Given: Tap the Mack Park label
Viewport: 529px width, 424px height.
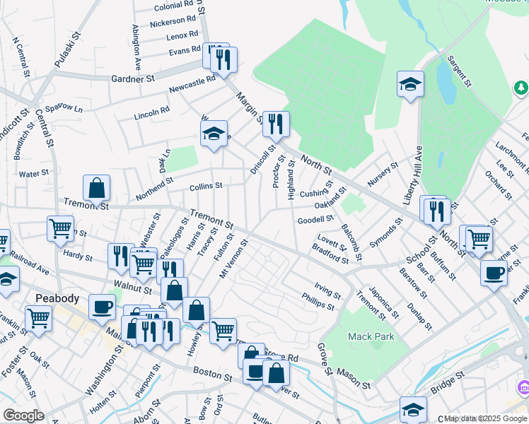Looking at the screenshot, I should click(371, 337).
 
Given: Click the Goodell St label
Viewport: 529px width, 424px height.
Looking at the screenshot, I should click(315, 219).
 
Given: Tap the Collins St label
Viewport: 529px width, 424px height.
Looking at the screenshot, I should click(206, 186).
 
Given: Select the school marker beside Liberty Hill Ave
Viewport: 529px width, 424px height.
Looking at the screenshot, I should click(410, 86).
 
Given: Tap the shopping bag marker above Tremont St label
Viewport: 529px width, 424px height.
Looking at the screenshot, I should click(96, 188).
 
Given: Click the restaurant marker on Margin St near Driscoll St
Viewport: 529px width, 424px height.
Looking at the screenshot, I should click(276, 125).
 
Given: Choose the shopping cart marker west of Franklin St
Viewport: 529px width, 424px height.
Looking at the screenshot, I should click(38, 318).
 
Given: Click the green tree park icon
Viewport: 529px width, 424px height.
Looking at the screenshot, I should click(521, 88).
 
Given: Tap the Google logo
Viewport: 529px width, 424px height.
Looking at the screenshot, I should click(24, 416).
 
